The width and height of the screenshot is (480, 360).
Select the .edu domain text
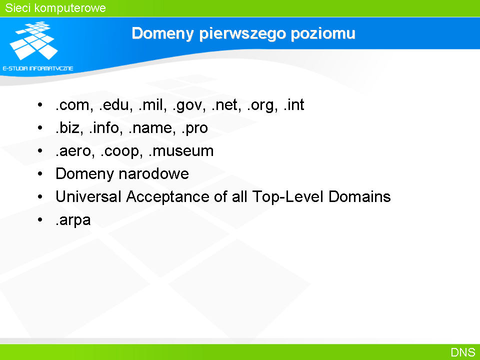[x=113, y=104]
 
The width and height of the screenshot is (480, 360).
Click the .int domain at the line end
[x=293, y=104]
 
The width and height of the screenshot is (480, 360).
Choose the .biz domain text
[x=67, y=127]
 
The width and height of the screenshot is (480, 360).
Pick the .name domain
[x=149, y=128]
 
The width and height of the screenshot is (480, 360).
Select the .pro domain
[x=194, y=128]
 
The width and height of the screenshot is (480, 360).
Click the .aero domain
[x=73, y=151]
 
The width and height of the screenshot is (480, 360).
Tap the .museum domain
[x=180, y=151]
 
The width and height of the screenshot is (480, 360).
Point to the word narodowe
[x=153, y=173]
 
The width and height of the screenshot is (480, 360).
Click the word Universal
[x=88, y=196]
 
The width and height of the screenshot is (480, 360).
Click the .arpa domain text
[x=73, y=220]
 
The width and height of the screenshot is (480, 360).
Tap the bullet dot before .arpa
[x=40, y=219]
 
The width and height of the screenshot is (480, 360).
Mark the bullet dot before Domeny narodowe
[x=40, y=173]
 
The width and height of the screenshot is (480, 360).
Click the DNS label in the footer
[x=463, y=352]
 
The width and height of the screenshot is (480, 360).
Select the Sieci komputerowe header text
[x=55, y=8]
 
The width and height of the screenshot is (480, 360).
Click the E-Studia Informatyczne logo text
[x=38, y=68]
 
